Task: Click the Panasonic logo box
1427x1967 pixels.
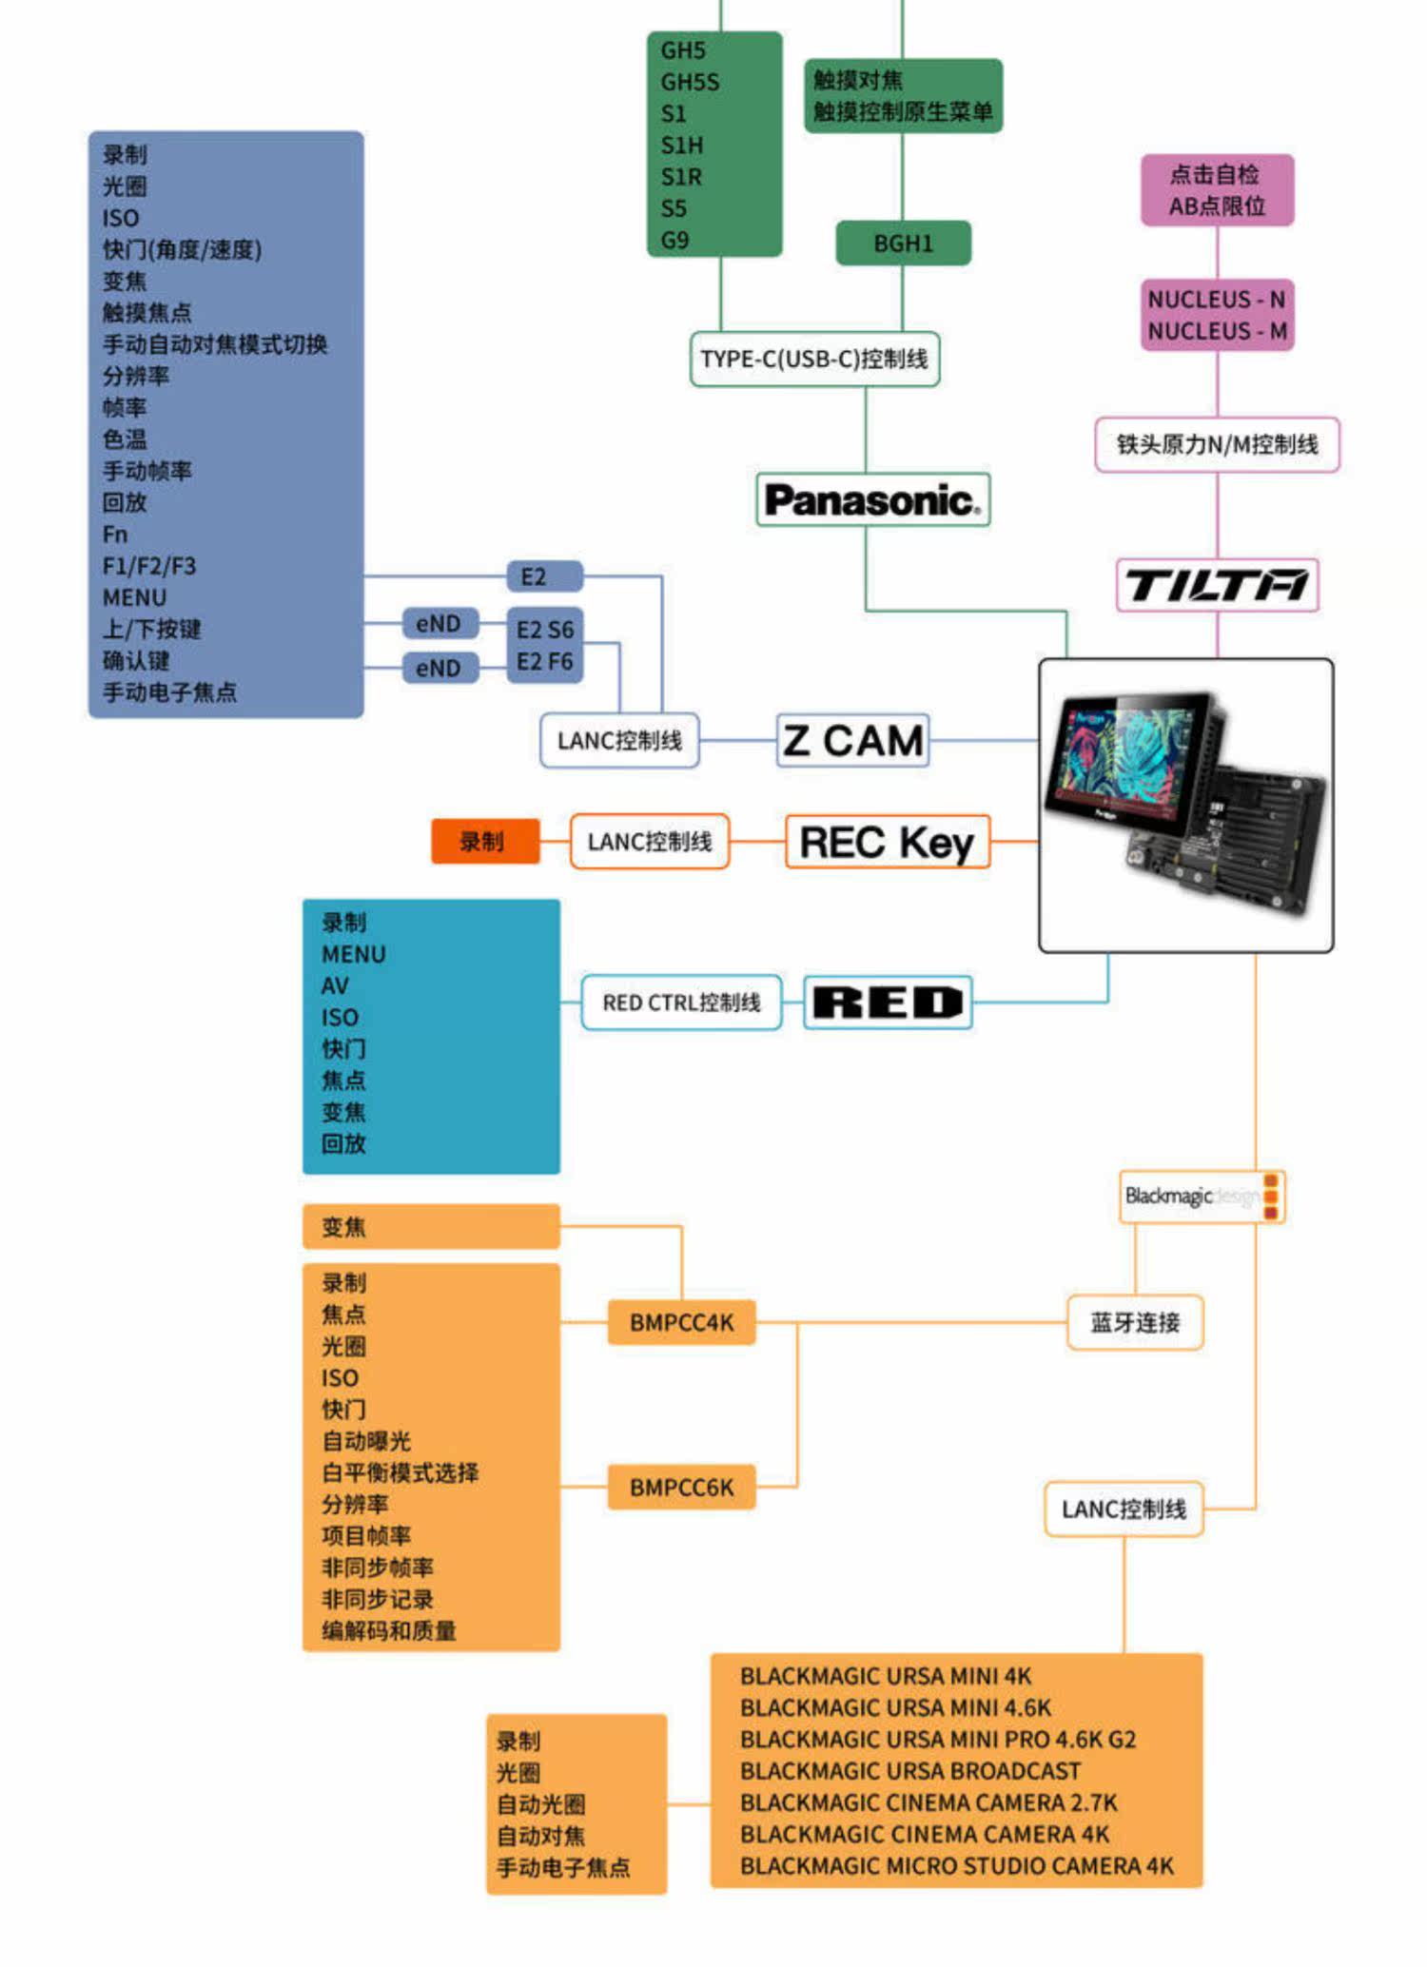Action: coord(872,499)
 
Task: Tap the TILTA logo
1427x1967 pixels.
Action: coord(1217,584)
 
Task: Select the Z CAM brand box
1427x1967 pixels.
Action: coord(852,740)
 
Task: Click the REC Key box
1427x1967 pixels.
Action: coord(887,842)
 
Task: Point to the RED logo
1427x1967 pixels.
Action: coord(888,1003)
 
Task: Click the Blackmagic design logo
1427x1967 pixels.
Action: coord(1202,1196)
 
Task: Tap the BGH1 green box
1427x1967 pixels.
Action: coord(903,243)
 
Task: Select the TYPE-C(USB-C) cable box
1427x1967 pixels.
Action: coord(814,359)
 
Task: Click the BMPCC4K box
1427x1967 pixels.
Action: coord(681,1322)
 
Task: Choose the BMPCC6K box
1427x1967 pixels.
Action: coord(681,1487)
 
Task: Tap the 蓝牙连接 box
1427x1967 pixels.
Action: coord(1135,1322)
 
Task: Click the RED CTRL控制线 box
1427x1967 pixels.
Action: coord(681,1003)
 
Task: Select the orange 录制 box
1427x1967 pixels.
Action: coord(485,842)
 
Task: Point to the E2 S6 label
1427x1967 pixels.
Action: coord(545,630)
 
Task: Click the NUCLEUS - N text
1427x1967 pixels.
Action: coord(1217,300)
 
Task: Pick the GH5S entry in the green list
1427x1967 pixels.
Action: coord(690,82)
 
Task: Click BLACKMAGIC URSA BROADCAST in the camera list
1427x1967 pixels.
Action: coord(910,1771)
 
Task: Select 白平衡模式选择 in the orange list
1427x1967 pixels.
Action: coord(400,1472)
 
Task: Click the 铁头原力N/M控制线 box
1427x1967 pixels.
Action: coord(1217,444)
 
